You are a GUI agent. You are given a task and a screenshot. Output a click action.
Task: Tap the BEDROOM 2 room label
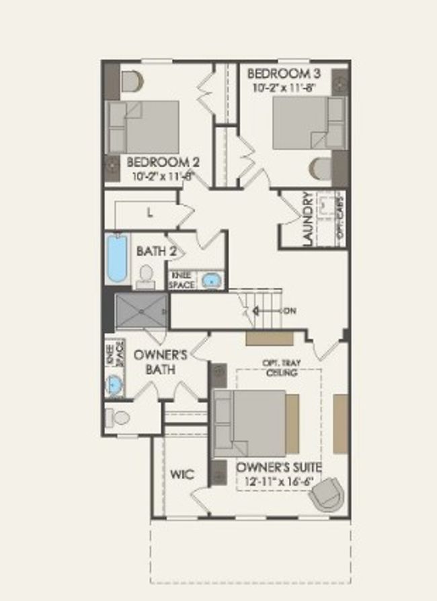[x=163, y=162]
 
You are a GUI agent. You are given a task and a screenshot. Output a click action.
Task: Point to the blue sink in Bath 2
[x=211, y=281]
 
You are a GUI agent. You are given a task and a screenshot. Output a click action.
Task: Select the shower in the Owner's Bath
[x=141, y=310]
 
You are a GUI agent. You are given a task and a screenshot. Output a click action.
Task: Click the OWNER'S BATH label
[x=155, y=362]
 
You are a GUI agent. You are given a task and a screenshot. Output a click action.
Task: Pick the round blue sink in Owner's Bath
[x=115, y=386]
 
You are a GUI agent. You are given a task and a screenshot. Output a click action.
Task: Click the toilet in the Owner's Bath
[x=118, y=418]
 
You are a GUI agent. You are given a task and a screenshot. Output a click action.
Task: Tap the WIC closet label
[x=182, y=474]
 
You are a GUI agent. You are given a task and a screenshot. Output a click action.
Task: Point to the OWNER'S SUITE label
[x=278, y=467]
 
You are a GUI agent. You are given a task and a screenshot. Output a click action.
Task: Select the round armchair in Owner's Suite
[x=326, y=495]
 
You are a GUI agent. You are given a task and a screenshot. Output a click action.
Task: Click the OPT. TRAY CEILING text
[x=278, y=367]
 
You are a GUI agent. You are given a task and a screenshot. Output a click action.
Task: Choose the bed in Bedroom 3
[x=307, y=122]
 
